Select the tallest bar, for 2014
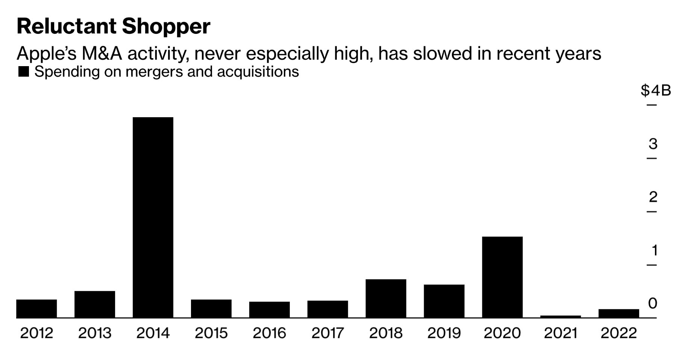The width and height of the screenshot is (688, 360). (x=153, y=218)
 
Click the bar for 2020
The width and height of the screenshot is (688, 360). (x=502, y=277)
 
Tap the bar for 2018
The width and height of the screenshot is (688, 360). (x=386, y=298)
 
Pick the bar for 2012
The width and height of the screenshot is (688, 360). (x=36, y=309)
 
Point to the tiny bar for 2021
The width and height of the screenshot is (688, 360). (x=561, y=317)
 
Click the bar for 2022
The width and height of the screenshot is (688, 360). (x=619, y=313)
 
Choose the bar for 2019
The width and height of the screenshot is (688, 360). (x=444, y=301)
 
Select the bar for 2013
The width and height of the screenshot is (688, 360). (x=95, y=304)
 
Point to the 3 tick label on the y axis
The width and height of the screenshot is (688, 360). (x=653, y=144)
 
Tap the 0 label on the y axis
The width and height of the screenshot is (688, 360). (x=653, y=303)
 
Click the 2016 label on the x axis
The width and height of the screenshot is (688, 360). (x=269, y=333)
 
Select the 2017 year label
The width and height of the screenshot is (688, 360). (x=327, y=333)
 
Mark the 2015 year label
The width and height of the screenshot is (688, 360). (x=211, y=333)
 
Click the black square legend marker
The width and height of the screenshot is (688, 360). (x=24, y=72)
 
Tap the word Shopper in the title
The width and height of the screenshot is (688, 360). (x=166, y=27)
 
